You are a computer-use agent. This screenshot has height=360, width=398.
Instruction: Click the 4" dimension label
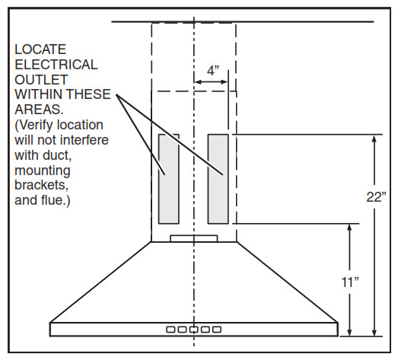213,71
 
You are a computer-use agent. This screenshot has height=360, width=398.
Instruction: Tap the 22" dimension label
376,197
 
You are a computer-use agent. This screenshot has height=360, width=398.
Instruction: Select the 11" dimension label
350,282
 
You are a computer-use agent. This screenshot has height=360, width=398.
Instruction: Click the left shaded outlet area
169,179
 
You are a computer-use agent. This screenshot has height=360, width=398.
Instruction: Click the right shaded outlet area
218,179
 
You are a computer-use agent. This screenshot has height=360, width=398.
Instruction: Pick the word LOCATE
40,49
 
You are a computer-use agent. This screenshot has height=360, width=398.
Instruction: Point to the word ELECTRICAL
56,65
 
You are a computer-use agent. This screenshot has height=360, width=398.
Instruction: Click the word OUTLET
41,80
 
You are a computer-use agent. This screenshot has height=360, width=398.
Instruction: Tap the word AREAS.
39,110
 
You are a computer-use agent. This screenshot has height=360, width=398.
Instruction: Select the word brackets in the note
42,185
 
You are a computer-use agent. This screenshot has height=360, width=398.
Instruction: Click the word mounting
43,170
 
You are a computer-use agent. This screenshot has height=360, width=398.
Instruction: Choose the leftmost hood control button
170,330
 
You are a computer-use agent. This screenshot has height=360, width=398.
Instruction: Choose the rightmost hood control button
217,330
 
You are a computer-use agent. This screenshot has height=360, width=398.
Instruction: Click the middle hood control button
193,330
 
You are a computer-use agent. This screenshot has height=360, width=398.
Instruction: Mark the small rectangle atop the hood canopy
194,239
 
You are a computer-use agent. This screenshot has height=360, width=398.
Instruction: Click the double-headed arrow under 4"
211,81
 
